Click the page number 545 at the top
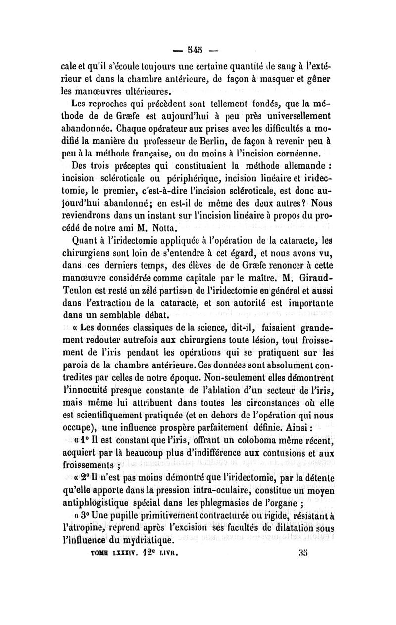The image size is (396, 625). [x=198, y=50]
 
